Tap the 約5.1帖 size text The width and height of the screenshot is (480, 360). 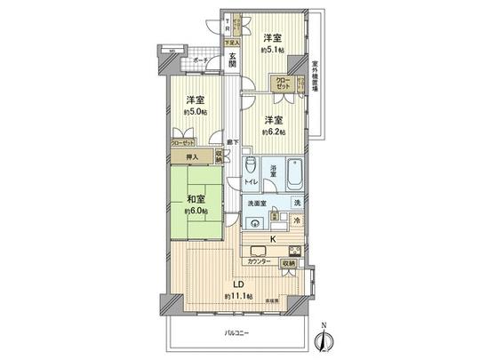click(x=273, y=50)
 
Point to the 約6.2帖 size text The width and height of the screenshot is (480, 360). click(x=272, y=132)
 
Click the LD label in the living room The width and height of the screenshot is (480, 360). click(x=237, y=284)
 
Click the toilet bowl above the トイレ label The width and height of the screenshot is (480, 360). click(x=251, y=165)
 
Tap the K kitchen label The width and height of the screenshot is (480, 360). click(x=273, y=238)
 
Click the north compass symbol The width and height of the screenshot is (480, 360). click(x=324, y=338)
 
